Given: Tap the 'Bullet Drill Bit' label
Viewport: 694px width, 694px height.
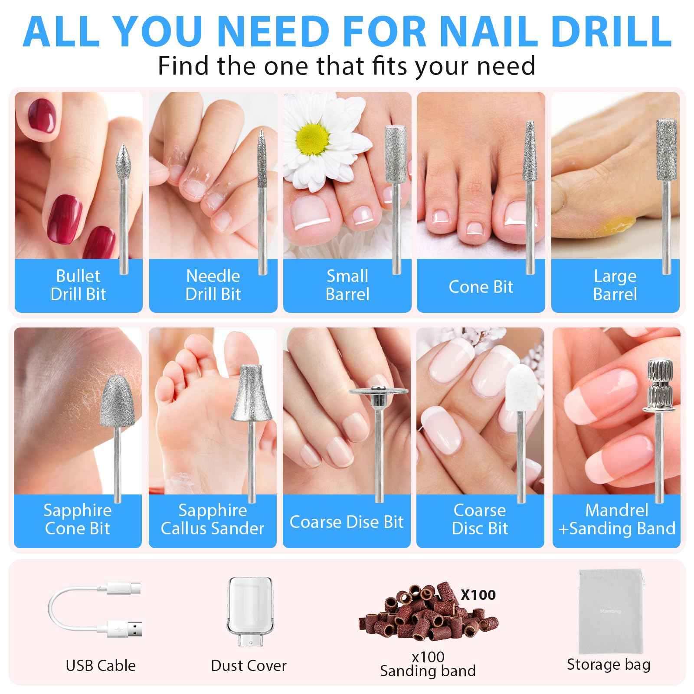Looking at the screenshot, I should click(78, 285).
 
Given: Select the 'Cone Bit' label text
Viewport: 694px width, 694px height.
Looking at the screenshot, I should click(481, 287).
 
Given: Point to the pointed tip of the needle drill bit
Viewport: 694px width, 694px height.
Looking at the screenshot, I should click(261, 133).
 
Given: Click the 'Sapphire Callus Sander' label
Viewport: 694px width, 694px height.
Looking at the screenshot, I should click(213, 520).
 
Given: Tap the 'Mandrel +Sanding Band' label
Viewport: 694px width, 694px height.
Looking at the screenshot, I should click(616, 520).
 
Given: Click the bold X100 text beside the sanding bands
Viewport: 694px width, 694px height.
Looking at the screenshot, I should click(478, 595).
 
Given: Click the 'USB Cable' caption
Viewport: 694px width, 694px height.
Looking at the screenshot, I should click(101, 665).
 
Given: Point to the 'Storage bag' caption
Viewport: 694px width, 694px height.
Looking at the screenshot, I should click(609, 665).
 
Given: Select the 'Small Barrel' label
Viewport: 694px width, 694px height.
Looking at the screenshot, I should click(347, 285).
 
